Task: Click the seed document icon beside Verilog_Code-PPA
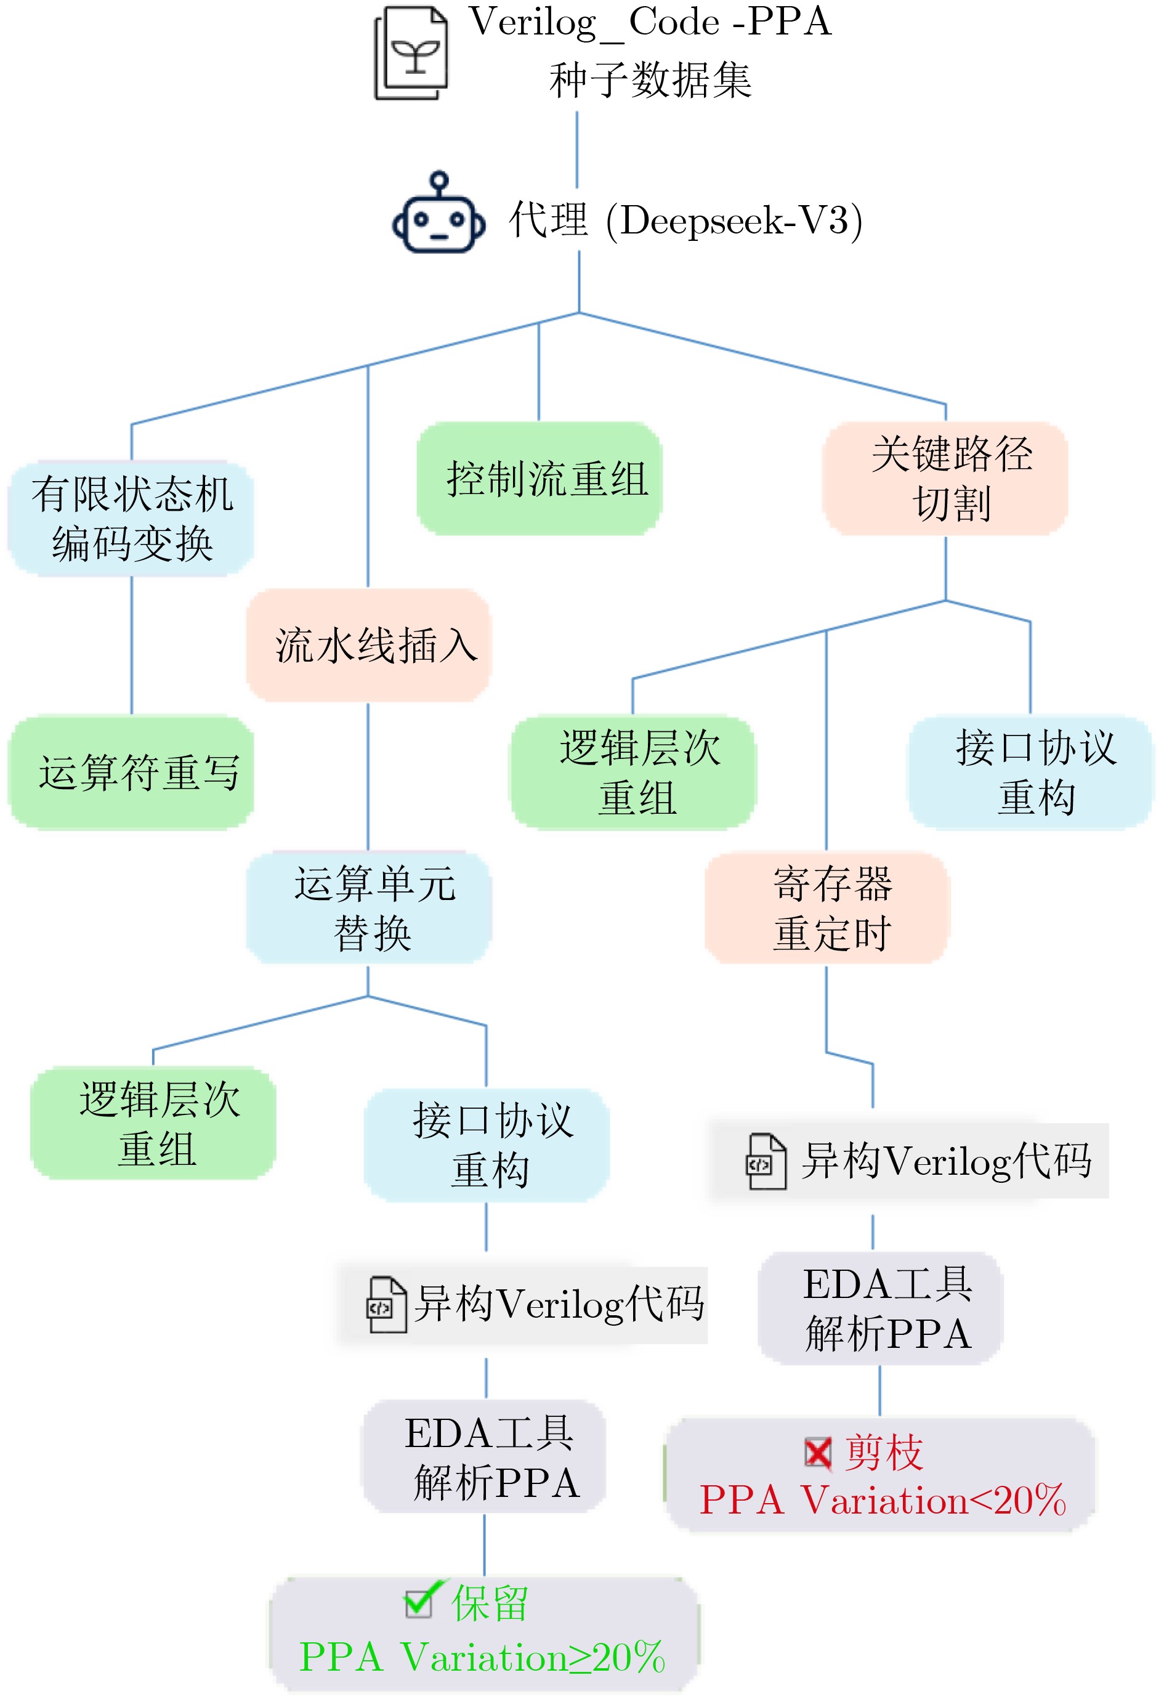[x=411, y=52]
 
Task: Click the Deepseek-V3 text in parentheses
[x=734, y=220]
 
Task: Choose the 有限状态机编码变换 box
[x=132, y=518]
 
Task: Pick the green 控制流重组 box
[x=540, y=479]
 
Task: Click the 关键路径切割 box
[x=945, y=479]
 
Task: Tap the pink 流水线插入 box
[x=368, y=645]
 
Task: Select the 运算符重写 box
[x=132, y=772]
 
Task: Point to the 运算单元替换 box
[x=368, y=907]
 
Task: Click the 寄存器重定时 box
[x=827, y=907]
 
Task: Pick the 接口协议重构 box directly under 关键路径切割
[x=1030, y=772]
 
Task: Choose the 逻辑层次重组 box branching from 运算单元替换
[x=153, y=1123]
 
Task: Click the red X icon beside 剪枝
[x=818, y=1453]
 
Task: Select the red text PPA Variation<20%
[x=883, y=1500]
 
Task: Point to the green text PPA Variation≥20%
[x=482, y=1657]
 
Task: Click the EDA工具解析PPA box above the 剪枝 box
[x=881, y=1308]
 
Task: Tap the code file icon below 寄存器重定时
[x=766, y=1162]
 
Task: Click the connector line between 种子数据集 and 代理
[x=576, y=150]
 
